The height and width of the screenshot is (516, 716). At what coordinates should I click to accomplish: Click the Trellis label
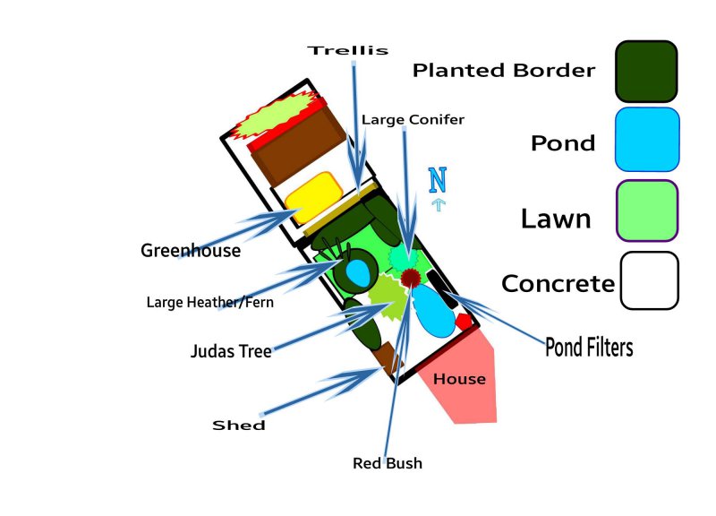(348, 51)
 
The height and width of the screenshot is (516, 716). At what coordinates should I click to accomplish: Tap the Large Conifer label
(413, 119)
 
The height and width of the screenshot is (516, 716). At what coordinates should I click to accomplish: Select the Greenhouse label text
(191, 251)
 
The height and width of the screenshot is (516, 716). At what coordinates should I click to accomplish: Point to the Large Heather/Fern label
(209, 303)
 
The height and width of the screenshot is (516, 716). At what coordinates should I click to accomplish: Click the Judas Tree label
(231, 351)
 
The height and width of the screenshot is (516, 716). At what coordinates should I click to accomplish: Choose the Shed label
(239, 426)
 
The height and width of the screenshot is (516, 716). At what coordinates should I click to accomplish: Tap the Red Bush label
(388, 464)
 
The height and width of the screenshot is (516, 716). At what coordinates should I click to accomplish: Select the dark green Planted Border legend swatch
(645, 71)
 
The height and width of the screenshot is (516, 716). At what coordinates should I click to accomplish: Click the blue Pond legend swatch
(647, 139)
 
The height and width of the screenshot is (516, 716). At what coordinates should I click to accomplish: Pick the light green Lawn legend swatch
(646, 211)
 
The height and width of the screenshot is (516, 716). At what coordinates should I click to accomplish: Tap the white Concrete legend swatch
(649, 280)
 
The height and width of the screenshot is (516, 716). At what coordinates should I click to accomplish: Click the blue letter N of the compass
(437, 180)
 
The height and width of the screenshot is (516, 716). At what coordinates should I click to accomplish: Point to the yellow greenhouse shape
(313, 197)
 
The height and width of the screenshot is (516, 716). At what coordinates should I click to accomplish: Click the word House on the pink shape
(459, 379)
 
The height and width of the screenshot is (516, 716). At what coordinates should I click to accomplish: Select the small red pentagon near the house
(464, 320)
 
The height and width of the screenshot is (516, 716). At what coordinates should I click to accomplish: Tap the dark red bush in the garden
(410, 278)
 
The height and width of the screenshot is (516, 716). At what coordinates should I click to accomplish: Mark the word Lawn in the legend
(556, 218)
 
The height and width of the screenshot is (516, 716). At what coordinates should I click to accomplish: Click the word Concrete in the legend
(558, 284)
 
